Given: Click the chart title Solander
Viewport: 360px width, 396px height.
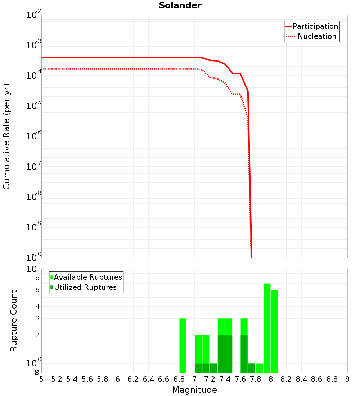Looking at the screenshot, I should click(180, 6).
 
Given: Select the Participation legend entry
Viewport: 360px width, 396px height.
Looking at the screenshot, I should click(315, 26).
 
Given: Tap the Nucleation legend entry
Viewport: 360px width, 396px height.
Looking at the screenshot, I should click(317, 36).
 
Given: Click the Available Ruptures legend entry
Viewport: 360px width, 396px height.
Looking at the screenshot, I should click(88, 277).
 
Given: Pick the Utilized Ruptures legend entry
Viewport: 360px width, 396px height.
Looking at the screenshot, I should click(85, 287).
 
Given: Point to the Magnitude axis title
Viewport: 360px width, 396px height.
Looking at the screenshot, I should click(194, 390).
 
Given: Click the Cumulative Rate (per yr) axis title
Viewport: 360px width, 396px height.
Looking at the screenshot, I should click(6, 136).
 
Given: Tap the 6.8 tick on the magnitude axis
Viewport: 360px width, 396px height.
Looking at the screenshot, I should click(179, 379).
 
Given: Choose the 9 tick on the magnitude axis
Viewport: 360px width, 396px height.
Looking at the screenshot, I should click(347, 379).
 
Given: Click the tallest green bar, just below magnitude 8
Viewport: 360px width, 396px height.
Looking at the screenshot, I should click(267, 328).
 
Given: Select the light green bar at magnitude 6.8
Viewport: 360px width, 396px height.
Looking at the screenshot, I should click(183, 346).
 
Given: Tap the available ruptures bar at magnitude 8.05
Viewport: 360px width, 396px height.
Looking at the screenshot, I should click(275, 331).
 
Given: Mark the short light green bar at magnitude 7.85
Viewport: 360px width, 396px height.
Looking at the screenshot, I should click(259, 368).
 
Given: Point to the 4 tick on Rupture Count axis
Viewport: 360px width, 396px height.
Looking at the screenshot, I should click(37, 306).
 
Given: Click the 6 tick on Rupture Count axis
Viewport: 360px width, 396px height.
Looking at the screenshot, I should click(37, 290).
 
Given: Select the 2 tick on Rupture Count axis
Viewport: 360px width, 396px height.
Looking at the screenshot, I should click(37, 335).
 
